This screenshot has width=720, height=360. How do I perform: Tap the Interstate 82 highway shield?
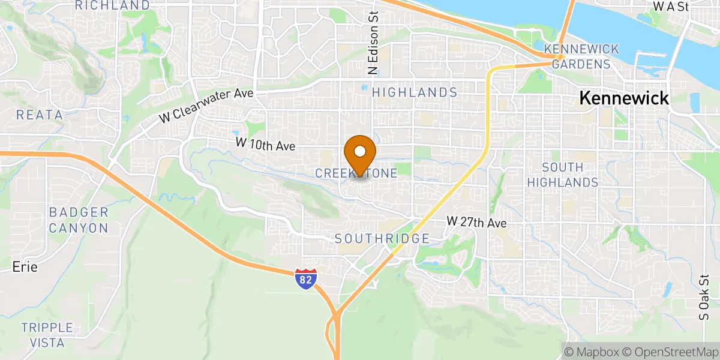(x=306, y=280)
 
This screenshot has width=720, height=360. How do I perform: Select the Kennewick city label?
(x=624, y=98)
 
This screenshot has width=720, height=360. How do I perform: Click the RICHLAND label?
(x=113, y=5)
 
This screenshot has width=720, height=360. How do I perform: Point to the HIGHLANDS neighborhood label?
(x=415, y=92)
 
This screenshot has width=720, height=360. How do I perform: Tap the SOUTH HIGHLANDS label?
(x=570, y=174)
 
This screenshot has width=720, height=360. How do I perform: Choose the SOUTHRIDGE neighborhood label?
(x=382, y=239)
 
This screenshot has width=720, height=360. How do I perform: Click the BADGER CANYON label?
(x=79, y=220)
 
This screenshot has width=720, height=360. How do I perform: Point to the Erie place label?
(x=25, y=267)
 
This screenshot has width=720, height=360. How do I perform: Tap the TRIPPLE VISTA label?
(x=47, y=335)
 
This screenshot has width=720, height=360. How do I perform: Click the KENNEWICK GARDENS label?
(x=577, y=56)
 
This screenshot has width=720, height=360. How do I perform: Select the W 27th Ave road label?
(x=476, y=223)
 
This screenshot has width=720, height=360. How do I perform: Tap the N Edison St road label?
(x=374, y=41)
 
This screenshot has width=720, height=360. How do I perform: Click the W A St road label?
(x=671, y=7)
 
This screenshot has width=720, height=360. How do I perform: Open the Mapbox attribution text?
(x=590, y=351)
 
